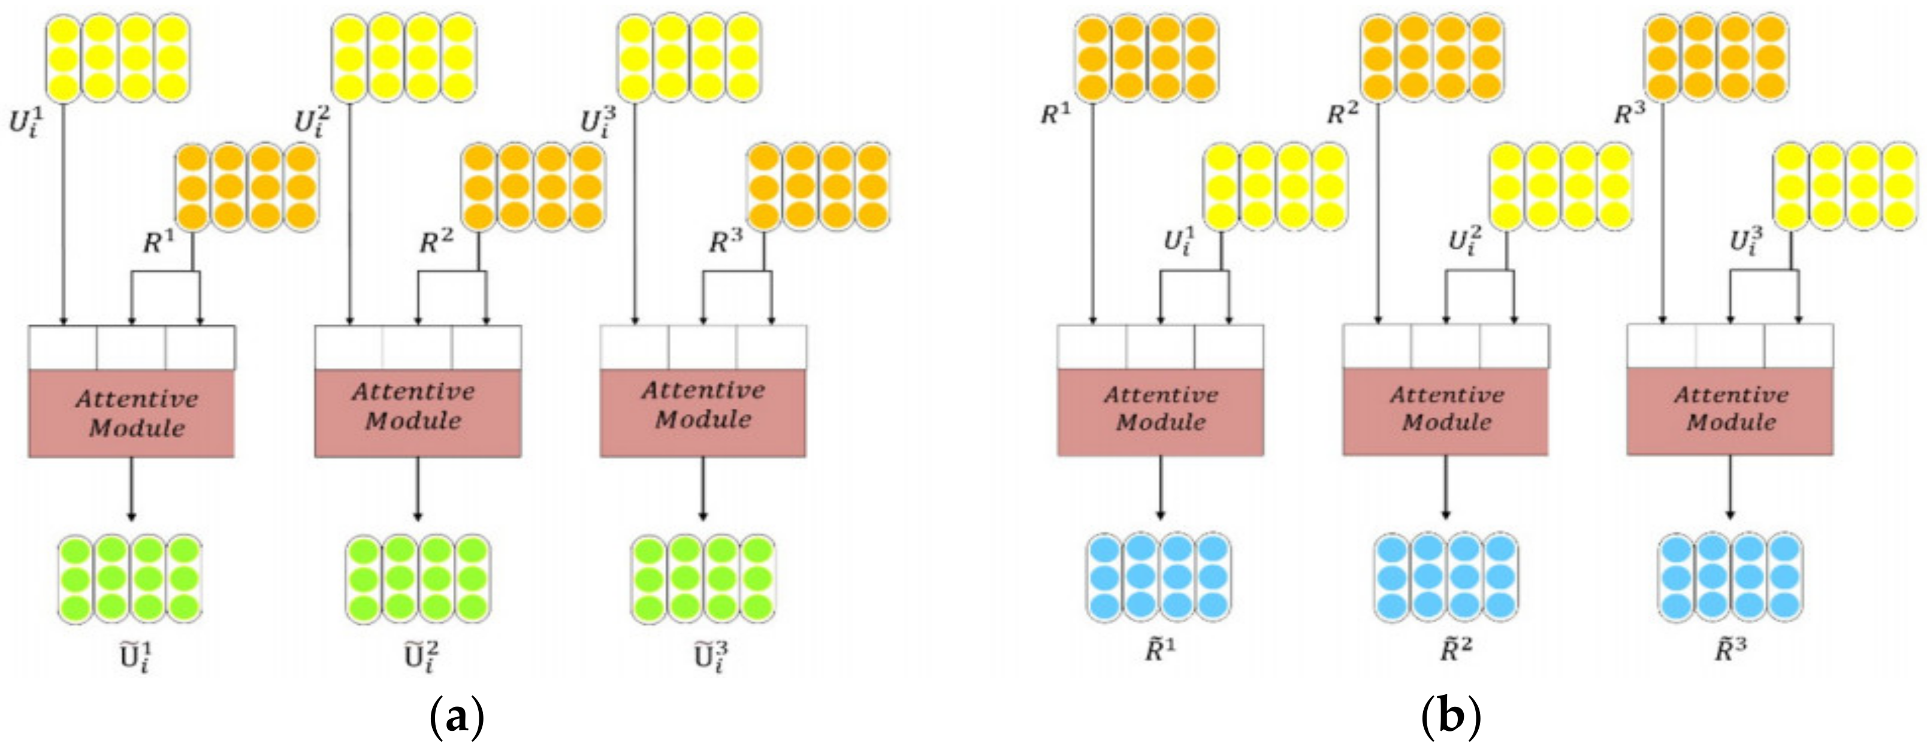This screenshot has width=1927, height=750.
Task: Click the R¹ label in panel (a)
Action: (158, 241)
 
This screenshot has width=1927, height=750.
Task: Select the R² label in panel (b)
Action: (1343, 113)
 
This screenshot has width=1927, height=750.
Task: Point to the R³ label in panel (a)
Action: (726, 241)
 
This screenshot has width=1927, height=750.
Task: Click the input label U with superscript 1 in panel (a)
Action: (25, 120)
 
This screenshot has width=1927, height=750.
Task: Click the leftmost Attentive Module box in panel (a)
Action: (132, 413)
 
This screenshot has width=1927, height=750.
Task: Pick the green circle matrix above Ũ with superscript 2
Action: (418, 579)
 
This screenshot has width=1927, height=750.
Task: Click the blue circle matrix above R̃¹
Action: (1158, 576)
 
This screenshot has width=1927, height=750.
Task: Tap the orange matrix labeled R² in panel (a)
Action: (533, 187)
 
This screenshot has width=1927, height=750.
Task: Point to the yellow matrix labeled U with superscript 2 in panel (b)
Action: (1561, 187)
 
